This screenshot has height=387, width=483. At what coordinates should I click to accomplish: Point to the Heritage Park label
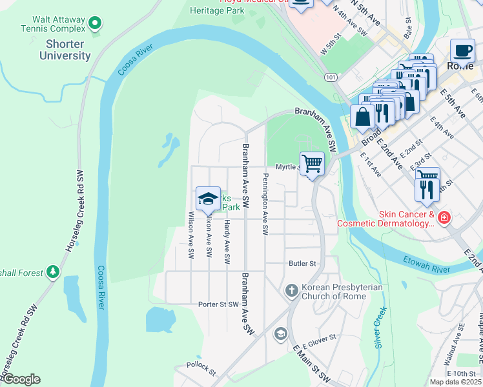click(x=216, y=10)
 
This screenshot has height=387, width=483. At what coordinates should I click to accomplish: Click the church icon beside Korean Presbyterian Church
click(x=291, y=291)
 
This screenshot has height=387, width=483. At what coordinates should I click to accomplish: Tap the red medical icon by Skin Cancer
click(x=444, y=218)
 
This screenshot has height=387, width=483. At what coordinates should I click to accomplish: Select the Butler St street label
click(x=302, y=263)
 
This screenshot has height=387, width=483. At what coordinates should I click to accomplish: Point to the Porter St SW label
click(x=218, y=304)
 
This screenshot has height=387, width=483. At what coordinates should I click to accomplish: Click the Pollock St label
click(x=201, y=366)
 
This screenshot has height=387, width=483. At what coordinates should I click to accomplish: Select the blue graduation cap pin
click(x=208, y=199)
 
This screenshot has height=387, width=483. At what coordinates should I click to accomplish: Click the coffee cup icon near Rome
click(x=462, y=50)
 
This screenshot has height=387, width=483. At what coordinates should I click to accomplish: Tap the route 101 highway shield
click(x=331, y=77)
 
